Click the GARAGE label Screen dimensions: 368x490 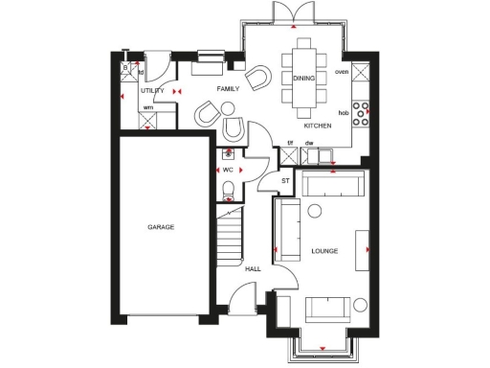(x=160, y=227)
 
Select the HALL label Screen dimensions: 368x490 (x=253, y=269)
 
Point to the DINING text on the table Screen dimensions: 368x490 (x=303, y=78)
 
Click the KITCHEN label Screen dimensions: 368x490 (x=318, y=126)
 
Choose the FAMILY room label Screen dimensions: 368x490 (x=227, y=88)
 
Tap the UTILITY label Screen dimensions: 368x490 (x=152, y=90)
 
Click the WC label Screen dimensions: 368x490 (x=228, y=170)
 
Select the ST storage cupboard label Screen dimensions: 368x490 (x=284, y=180)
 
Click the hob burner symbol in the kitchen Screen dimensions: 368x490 (x=362, y=113)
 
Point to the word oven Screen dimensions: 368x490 (x=342, y=72)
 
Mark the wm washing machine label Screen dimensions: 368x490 (x=148, y=107)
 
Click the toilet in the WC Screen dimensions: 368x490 (x=228, y=196)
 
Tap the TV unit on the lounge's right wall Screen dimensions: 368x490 (x=362, y=251)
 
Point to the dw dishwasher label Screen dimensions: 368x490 (x=308, y=144)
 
